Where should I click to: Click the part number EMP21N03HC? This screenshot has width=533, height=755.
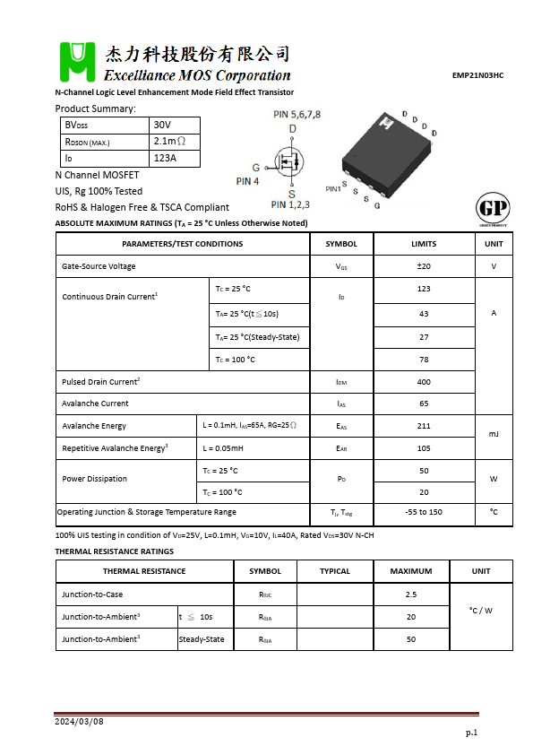pos(477,76)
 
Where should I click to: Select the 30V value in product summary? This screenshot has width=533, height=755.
pos(162,125)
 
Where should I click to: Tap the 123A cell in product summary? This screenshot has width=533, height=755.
pos(165,158)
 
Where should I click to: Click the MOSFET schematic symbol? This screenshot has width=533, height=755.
pos(288,162)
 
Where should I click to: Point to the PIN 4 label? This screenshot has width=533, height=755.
pos(247,180)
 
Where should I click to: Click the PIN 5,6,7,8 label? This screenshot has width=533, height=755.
pos(297,115)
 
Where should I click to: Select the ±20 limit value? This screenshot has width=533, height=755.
pos(424,266)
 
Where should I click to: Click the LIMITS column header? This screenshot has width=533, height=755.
pos(424,244)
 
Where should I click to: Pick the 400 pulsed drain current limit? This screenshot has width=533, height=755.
pos(424,382)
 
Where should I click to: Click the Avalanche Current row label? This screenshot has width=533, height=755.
pos(95,404)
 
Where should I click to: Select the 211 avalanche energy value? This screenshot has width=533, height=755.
pos(424,426)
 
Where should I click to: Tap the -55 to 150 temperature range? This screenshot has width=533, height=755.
pos(424,512)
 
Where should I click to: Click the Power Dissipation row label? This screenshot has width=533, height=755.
pos(94,479)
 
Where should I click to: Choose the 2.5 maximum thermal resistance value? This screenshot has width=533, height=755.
pos(410,594)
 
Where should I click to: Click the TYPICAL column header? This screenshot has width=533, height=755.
pos(335,571)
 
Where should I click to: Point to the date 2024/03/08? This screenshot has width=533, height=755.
pos(79,722)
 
